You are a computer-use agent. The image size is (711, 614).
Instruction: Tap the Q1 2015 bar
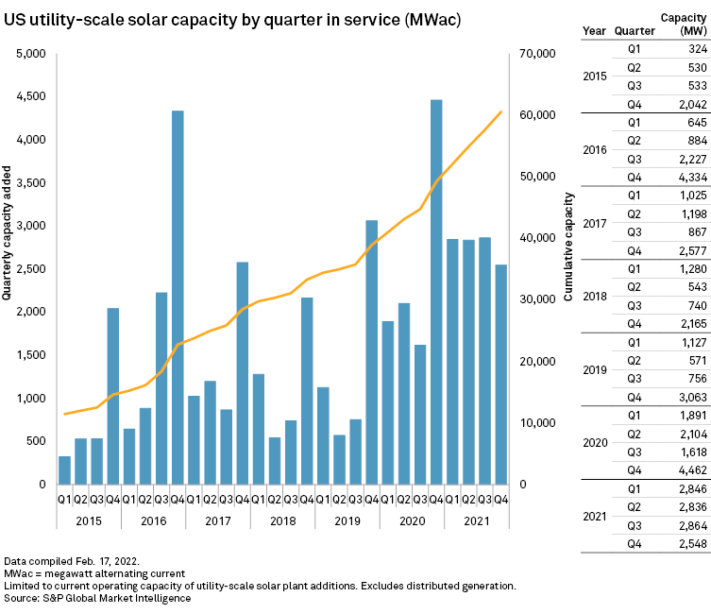[64, 469]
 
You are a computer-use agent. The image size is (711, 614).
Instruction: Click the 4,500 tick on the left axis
[29, 96]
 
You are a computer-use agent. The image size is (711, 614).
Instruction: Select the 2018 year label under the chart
[282, 519]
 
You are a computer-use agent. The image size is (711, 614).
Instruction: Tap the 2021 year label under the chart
[476, 519]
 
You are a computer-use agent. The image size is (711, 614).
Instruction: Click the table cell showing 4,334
[678, 229]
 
